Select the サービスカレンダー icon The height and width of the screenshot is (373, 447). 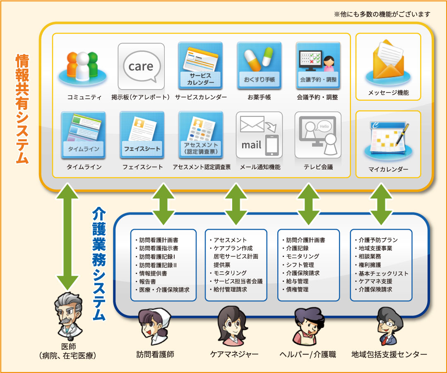[x=200, y=65]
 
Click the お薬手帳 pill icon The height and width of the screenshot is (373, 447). [x=259, y=65]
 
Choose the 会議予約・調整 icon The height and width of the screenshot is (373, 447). [x=318, y=65]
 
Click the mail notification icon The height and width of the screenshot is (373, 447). [x=259, y=135]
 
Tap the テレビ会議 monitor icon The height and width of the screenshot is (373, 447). [x=318, y=135]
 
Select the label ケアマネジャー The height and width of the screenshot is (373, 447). [x=234, y=354]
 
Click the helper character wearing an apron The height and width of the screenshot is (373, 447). [x=307, y=327]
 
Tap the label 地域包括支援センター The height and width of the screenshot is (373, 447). [x=389, y=354]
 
